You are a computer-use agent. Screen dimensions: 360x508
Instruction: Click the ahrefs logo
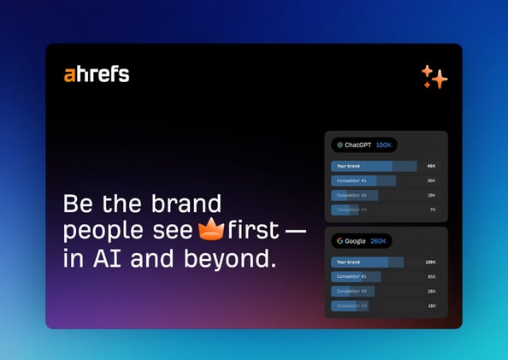pos(97,74)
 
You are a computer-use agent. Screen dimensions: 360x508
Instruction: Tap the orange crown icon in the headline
pos(210,229)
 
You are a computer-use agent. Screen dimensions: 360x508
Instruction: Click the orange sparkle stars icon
pos(434,77)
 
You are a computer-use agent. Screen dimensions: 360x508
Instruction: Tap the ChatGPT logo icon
pos(340,145)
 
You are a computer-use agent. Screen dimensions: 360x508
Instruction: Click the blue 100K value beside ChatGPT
pos(383,145)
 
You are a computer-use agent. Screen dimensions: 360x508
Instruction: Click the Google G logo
pos(340,241)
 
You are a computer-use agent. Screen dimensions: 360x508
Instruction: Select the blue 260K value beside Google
pos(378,241)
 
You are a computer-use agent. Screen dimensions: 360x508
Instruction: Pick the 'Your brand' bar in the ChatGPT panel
pos(373,166)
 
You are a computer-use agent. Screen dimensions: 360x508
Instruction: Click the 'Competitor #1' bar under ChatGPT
pos(363,180)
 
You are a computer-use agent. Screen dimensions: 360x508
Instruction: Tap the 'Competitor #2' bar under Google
pos(351,291)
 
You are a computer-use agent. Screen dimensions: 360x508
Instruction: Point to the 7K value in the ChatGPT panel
pos(432,210)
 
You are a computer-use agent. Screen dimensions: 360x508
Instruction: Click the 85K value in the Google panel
pos(431,276)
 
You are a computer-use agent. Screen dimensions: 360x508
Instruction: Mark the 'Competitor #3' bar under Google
pos(349,305)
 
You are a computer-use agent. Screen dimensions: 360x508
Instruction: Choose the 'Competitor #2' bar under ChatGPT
pos(354,195)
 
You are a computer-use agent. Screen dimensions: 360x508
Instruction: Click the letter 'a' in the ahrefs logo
pos(69,75)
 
